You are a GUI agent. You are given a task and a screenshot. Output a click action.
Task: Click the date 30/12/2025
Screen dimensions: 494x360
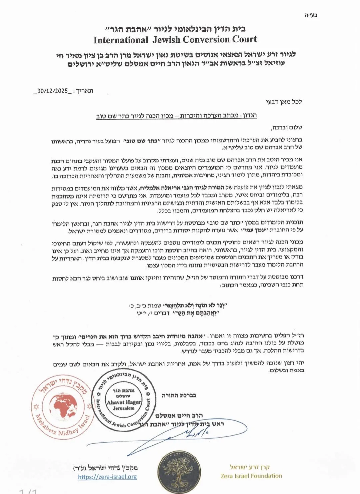tap(52, 91)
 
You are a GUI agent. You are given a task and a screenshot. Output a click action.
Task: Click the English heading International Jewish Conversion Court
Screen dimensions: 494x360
tap(175, 40)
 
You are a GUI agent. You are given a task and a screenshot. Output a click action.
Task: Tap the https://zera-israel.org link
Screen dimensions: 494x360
tap(107, 477)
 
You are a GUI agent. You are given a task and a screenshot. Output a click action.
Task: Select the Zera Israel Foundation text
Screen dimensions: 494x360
tap(251, 476)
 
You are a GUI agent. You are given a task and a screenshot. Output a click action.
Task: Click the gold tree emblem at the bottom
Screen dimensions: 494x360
tap(179, 472)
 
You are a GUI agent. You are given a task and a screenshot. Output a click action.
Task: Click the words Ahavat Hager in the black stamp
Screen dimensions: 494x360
tap(124, 402)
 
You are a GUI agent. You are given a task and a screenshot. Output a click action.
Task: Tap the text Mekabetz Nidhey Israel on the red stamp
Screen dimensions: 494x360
tap(62, 427)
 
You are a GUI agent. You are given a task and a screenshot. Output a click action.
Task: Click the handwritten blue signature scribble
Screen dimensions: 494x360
tap(197, 433)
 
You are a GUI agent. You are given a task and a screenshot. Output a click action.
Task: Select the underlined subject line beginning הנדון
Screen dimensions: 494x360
tap(176, 116)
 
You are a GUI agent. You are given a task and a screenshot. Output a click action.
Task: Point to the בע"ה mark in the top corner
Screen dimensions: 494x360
tap(311, 15)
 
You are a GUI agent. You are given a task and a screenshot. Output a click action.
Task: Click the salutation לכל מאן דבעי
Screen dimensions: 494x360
tap(284, 102)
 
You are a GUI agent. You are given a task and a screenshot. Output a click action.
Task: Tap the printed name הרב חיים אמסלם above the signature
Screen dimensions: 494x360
tap(179, 416)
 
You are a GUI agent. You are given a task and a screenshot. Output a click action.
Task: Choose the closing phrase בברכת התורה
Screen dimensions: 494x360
tap(179, 395)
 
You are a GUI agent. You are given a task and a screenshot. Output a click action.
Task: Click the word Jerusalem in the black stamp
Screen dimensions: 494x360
tap(124, 408)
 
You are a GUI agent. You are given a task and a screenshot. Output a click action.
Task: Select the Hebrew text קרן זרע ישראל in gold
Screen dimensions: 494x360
tap(250, 467)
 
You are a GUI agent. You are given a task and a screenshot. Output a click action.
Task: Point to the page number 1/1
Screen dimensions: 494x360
tap(28, 491)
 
